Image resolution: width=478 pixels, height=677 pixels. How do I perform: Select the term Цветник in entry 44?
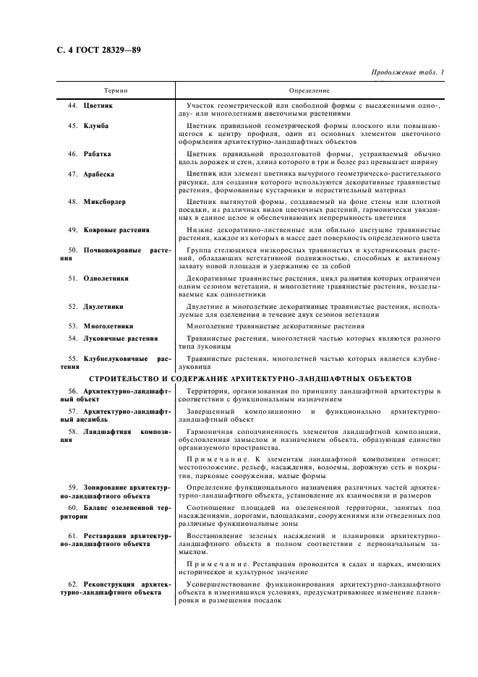pos(98,105)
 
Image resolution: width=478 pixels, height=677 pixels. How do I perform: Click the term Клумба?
pos(96,126)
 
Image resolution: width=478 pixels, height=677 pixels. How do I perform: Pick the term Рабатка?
pos(98,153)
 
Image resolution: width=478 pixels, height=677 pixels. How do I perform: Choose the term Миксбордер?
pos(104,201)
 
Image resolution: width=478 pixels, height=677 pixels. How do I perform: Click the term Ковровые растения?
pos(116,229)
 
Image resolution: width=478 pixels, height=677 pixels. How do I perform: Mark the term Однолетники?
pos(106,278)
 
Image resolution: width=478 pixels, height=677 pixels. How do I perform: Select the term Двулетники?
pos(103,306)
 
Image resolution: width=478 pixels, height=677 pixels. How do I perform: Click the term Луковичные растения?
pos(121,338)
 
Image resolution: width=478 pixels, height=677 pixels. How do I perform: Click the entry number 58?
pos(73,432)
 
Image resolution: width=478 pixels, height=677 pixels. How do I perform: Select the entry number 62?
pos(73,582)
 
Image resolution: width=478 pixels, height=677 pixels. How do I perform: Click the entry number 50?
pos(73,250)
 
